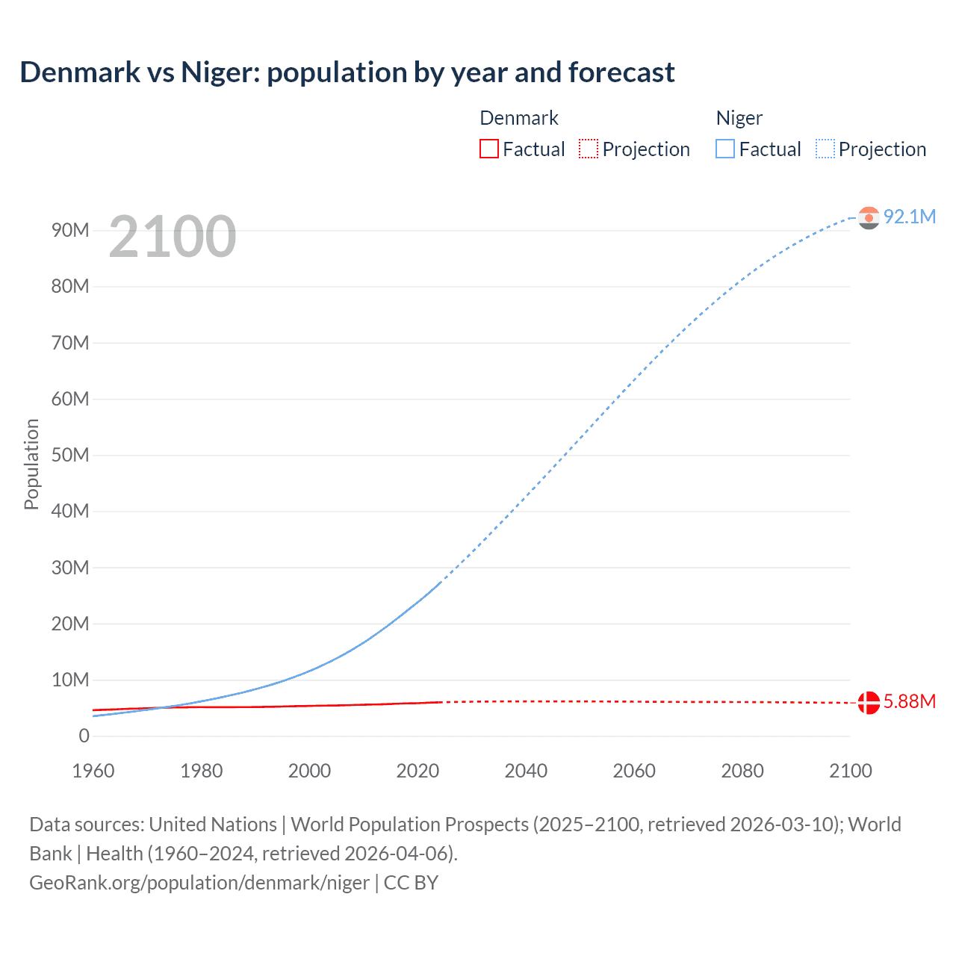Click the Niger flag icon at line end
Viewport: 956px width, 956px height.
(869, 217)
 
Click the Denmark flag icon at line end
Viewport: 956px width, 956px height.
(869, 703)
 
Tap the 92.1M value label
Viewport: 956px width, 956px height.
(909, 217)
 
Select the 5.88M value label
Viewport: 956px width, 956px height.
(909, 701)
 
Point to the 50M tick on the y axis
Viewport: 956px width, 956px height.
(70, 455)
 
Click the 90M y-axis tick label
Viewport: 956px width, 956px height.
(70, 230)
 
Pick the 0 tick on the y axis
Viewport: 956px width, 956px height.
(84, 736)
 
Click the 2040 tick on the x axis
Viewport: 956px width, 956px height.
(526, 771)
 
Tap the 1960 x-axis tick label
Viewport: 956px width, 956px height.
(93, 771)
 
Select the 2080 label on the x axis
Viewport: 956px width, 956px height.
(742, 771)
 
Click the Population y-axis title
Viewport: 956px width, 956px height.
(31, 464)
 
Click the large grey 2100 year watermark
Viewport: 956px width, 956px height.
(173, 237)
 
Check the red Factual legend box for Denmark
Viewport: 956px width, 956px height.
(489, 149)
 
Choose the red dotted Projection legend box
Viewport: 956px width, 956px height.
(589, 149)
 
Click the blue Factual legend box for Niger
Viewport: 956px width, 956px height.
(725, 149)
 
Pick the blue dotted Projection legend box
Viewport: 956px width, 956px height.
(825, 149)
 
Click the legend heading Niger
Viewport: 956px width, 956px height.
(739, 118)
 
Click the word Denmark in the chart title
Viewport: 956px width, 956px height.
(80, 72)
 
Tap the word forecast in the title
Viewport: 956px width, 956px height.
(621, 72)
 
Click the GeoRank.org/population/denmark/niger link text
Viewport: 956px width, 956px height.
(199, 883)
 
